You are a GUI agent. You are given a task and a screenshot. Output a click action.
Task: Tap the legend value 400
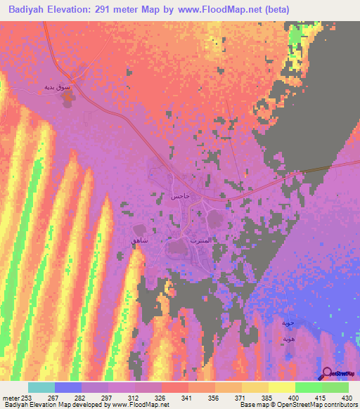tap(282, 398)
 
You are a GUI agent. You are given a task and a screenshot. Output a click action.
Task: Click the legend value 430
tap(345, 398)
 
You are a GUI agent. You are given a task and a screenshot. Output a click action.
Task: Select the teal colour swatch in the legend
tap(41, 387)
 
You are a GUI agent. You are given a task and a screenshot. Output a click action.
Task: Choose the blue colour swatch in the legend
tap(68, 387)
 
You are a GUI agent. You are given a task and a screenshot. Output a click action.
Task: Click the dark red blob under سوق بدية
tap(68, 100)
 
